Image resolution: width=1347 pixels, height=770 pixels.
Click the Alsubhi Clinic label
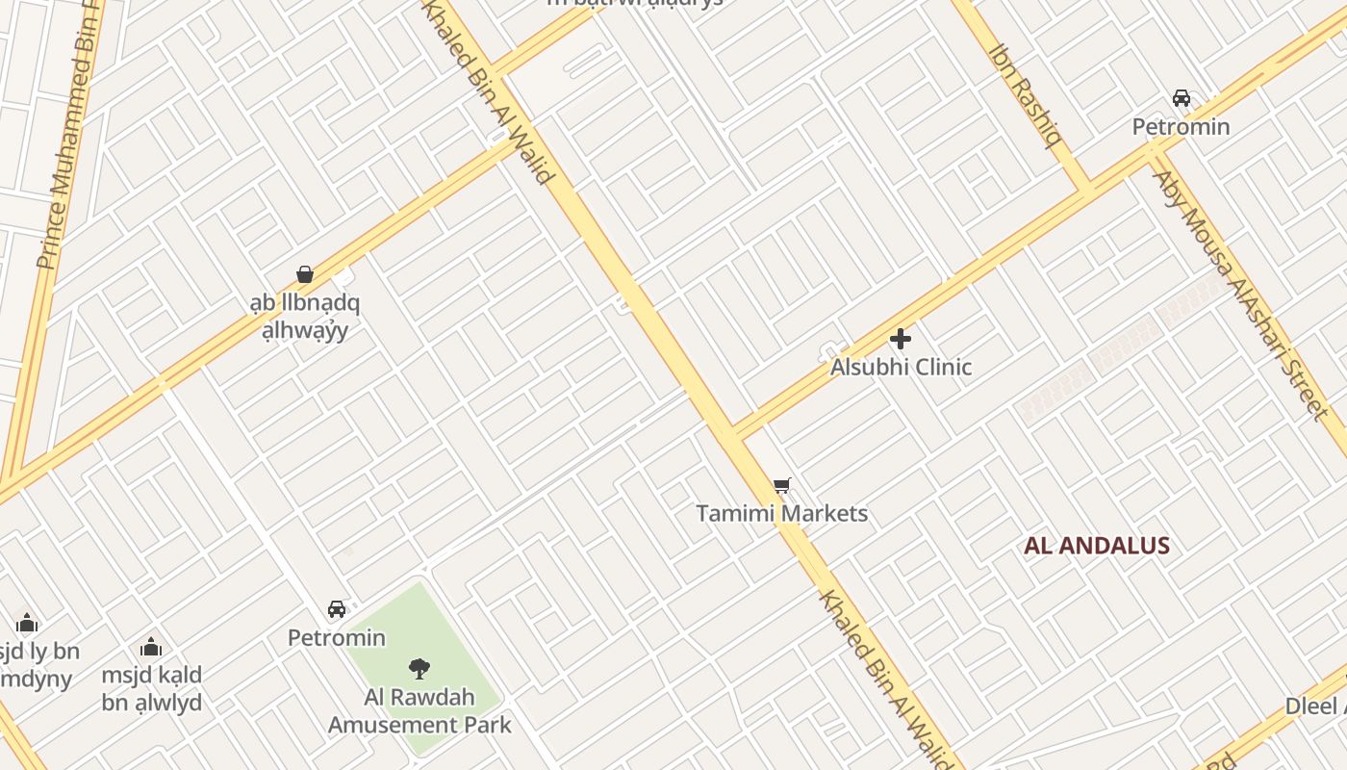coord(901,367)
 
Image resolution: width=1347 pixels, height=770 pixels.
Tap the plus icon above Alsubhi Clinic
coord(901,339)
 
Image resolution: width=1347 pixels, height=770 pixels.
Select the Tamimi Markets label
coord(781,513)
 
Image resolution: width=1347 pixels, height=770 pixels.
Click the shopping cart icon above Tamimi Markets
coord(781,486)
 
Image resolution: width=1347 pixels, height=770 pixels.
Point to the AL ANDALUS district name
coord(1096,546)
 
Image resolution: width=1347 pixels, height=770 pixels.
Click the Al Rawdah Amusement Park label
coord(419,711)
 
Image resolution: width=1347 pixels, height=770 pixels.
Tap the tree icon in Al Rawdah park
coord(419,668)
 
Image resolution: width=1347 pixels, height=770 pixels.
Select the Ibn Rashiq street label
coord(1026,94)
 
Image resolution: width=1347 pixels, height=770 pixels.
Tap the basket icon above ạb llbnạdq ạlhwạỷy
coord(305,274)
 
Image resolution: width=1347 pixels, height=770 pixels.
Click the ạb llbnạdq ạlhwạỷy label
coord(305,317)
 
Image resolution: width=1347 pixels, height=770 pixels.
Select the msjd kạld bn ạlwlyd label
coord(152,688)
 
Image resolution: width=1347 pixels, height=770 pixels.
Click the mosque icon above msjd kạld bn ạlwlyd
coord(151,647)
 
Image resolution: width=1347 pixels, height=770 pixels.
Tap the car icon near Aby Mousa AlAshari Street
coord(1181,98)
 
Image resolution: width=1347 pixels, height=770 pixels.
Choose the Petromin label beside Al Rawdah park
coord(337,637)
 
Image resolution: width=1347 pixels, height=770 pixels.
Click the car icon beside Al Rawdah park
coord(337,609)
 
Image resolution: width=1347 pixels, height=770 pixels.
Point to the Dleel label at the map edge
coord(1316,706)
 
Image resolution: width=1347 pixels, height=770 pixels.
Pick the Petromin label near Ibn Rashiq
coord(1181,126)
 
